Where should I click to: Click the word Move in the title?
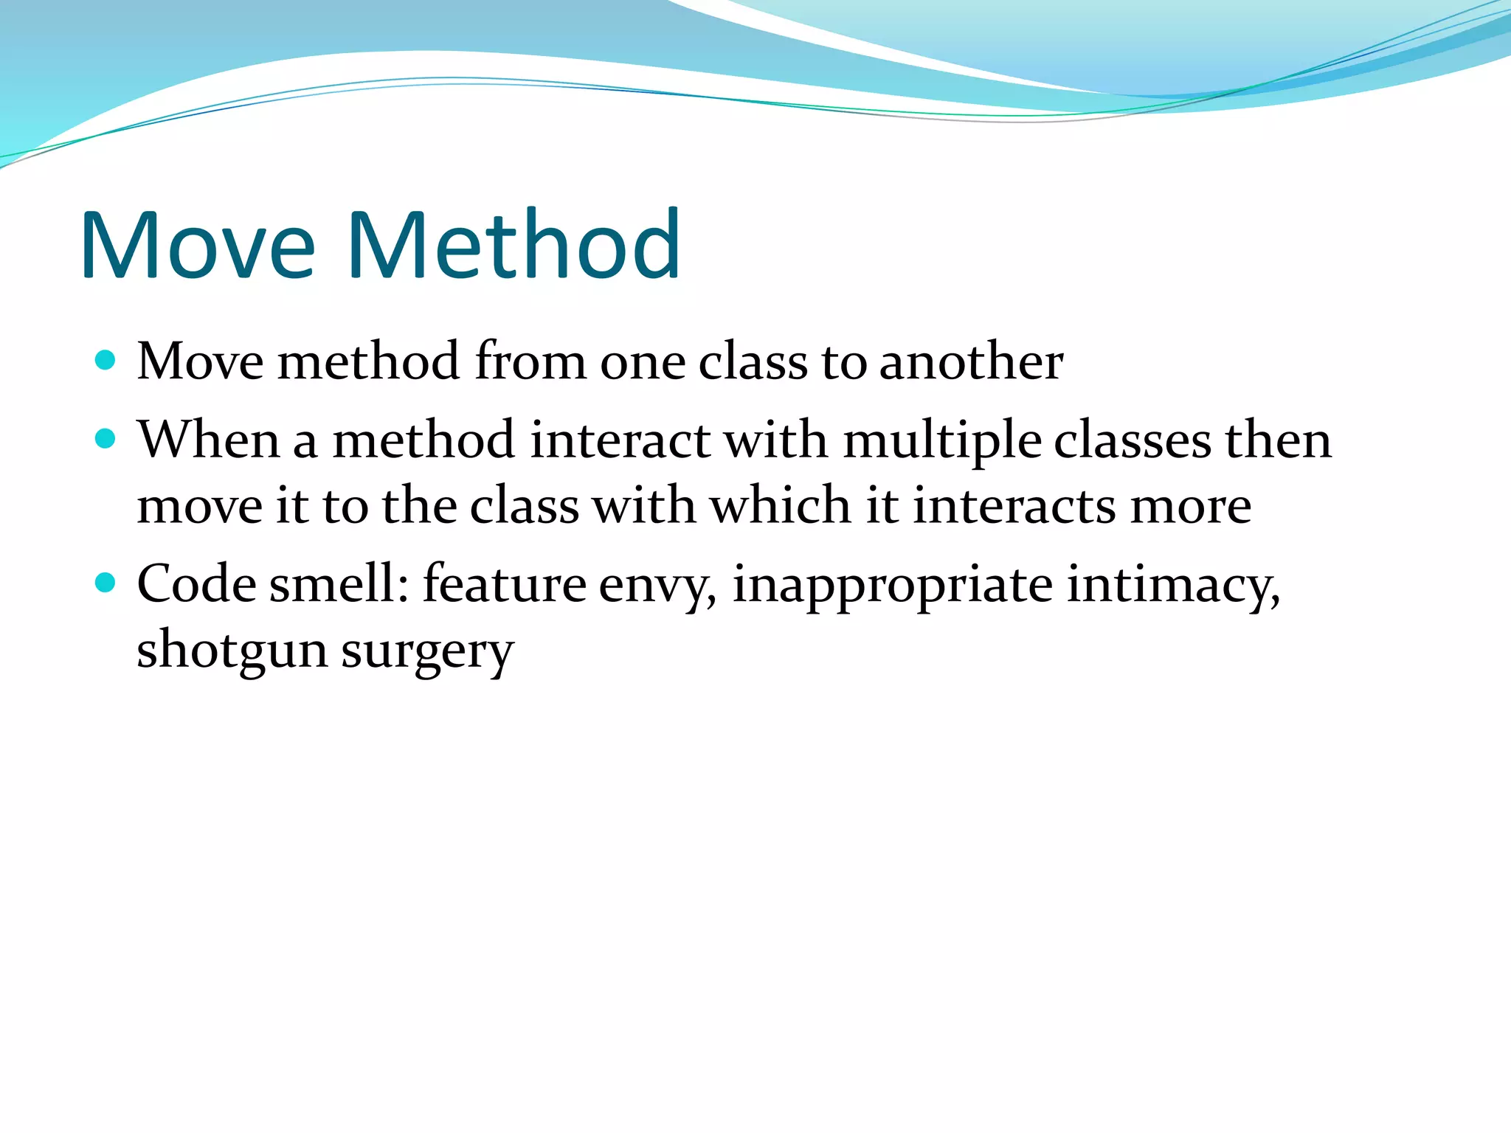tap(198, 245)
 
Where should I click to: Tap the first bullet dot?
tap(106, 361)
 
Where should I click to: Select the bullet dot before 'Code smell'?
tap(106, 583)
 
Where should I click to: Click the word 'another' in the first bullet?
tap(971, 362)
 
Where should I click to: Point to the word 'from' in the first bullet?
tap(530, 362)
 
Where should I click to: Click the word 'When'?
tap(208, 440)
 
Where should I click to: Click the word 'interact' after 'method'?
tap(620, 440)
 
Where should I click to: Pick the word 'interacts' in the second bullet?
tap(1014, 506)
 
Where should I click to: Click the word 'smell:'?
tap(339, 584)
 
